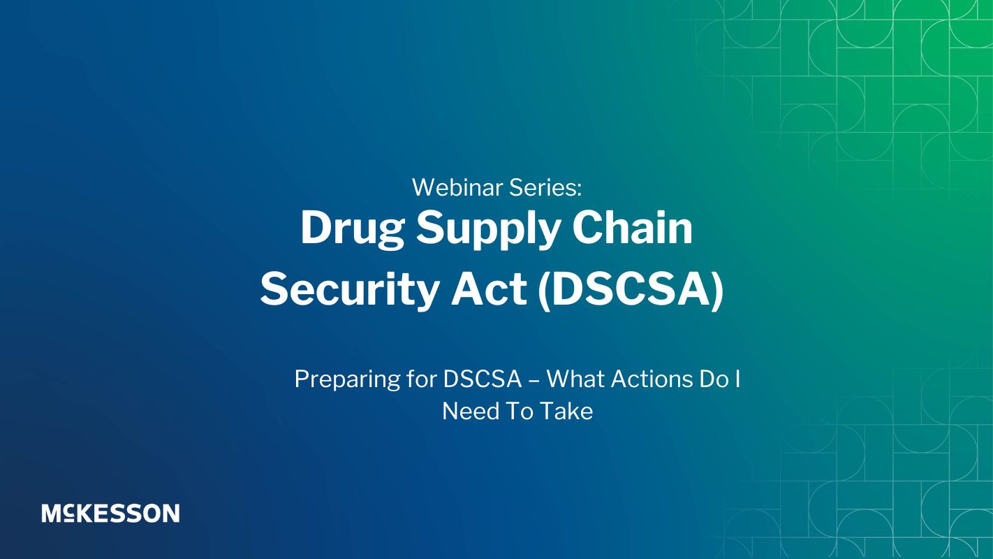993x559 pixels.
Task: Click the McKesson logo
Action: pos(110,514)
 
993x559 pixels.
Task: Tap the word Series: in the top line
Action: pos(545,187)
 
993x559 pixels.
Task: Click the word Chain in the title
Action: pos(632,227)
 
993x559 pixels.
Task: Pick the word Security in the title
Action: pos(349,291)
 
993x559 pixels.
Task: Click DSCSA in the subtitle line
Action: pos(483,379)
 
